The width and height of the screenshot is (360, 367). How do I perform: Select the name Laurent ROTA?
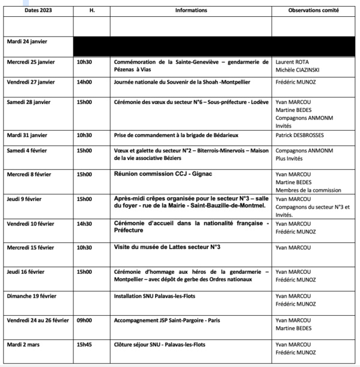pyautogui.click(x=292, y=61)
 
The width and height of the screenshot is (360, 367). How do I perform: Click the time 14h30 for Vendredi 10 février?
pyautogui.click(x=84, y=223)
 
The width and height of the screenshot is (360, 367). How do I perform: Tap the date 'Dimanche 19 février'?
pyautogui.click(x=34, y=296)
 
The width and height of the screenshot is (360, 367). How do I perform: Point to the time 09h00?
pyautogui.click(x=84, y=320)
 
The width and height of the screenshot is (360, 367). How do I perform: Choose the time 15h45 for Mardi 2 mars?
pyautogui.click(x=84, y=344)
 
